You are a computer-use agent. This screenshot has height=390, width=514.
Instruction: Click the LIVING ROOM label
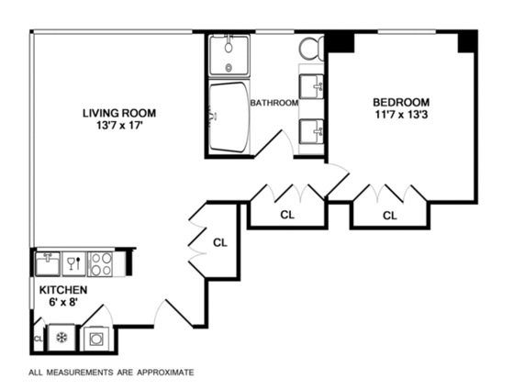(119, 114)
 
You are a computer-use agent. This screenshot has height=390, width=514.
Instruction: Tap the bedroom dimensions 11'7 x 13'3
(401, 115)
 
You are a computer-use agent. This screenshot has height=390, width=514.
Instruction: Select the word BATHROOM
(274, 103)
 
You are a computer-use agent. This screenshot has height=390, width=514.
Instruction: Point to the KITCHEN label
(63, 290)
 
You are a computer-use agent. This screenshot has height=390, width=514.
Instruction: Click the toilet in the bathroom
(311, 49)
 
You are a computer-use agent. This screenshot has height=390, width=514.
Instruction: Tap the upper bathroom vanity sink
(311, 86)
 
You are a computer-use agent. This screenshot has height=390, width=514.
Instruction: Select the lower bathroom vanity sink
(311, 131)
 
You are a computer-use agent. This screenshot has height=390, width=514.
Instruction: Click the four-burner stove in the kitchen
(101, 264)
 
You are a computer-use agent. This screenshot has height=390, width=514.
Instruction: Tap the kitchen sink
(48, 264)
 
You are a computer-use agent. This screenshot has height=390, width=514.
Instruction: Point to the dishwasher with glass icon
(73, 264)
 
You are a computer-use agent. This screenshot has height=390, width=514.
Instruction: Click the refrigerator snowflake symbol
(61, 338)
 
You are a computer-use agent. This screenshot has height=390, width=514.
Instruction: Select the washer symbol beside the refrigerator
(95, 339)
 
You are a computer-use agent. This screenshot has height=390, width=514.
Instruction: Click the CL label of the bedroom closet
(390, 216)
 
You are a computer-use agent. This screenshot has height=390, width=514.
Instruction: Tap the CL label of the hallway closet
(287, 215)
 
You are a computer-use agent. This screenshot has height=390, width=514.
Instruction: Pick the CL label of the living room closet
(220, 242)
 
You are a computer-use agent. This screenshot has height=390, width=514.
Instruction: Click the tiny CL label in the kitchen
(39, 339)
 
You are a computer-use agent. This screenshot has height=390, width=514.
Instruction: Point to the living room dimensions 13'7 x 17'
(119, 127)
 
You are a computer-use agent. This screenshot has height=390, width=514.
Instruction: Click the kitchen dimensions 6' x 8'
(63, 302)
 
